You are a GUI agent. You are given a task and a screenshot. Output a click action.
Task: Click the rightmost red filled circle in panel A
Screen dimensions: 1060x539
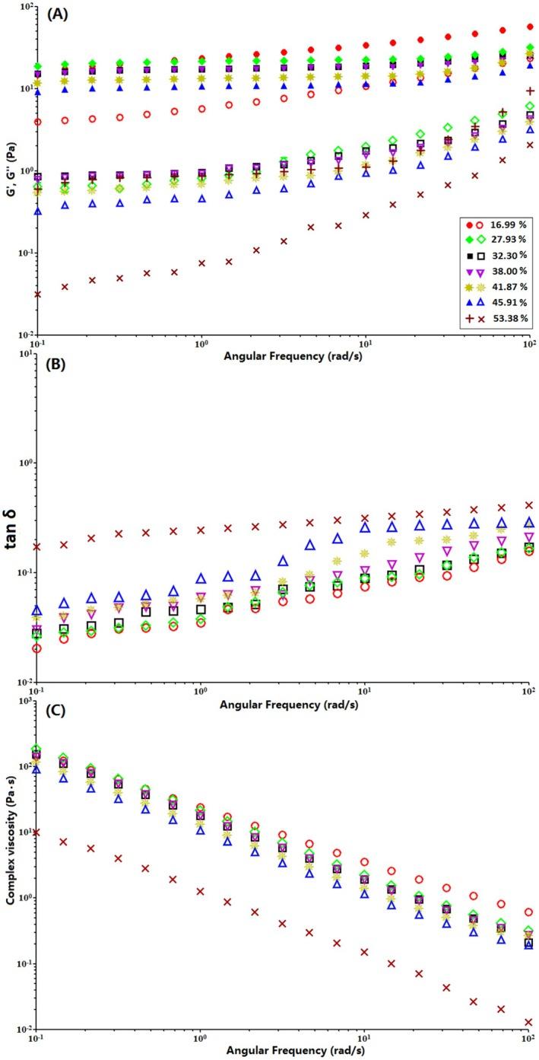[x=530, y=27]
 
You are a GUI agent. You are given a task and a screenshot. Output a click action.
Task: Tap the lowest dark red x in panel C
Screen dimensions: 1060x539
[x=529, y=1022]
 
